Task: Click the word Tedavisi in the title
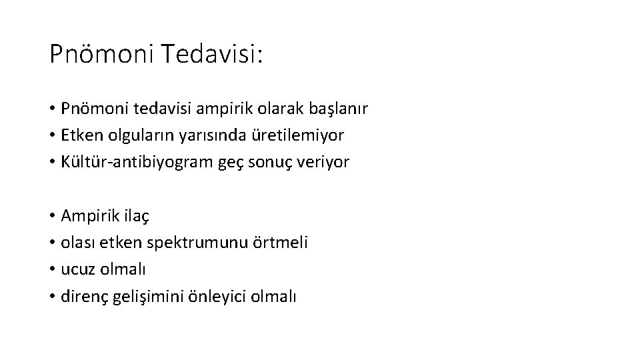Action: pos(211,54)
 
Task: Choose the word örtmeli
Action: pos(281,243)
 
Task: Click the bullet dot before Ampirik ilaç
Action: pos(52,216)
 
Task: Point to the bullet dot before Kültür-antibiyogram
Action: pos(52,162)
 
